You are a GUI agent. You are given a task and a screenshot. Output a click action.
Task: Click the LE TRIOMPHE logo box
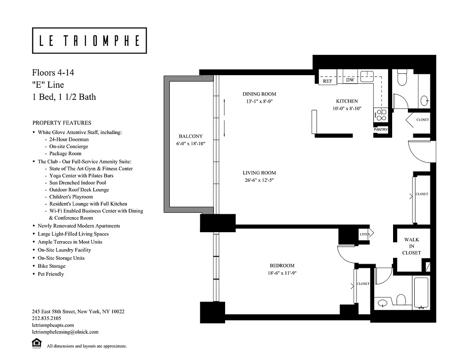click(89, 41)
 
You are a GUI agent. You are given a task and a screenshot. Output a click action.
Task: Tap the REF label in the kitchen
click(327, 81)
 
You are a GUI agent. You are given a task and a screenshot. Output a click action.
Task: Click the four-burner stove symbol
click(381, 115)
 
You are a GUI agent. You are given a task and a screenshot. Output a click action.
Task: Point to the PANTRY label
click(380, 130)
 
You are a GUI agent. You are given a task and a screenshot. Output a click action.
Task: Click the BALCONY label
click(190, 136)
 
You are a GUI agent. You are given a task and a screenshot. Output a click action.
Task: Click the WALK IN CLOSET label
click(412, 246)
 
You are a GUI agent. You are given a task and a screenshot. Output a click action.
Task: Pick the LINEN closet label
click(364, 234)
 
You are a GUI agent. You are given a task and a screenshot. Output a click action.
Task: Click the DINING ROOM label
click(259, 94)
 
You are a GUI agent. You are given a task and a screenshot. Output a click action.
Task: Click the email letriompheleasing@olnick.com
click(65, 332)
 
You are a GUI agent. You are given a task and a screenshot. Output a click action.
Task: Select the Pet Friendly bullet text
click(50, 274)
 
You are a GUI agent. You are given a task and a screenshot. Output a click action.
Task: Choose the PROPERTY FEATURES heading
click(62, 123)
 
